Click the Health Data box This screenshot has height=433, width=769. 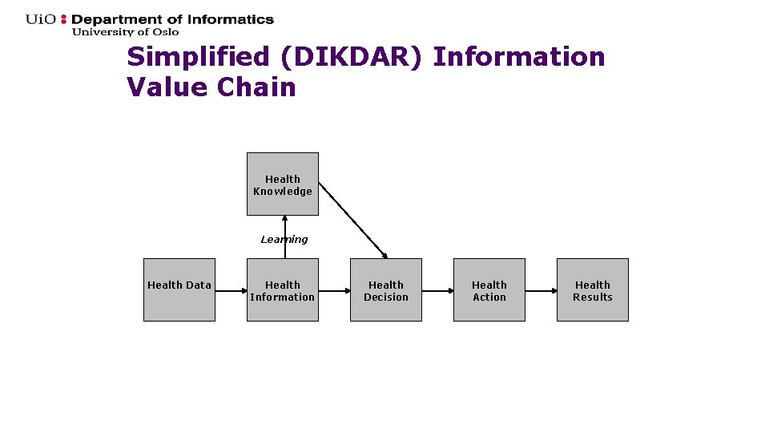179,289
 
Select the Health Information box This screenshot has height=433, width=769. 282,290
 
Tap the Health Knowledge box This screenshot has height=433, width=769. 282,184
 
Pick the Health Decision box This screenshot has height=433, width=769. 385,290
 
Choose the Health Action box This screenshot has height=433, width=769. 489,290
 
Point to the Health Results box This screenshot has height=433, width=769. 592,290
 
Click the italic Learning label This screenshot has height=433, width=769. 284,239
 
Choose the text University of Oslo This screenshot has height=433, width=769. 125,32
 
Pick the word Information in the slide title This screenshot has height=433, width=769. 519,58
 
